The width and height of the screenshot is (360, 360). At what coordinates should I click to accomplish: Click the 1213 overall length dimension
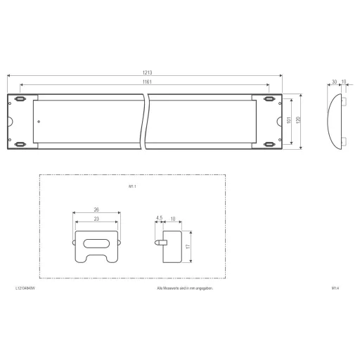pyautogui.click(x=147, y=72)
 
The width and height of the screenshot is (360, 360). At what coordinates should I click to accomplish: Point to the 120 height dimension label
pyautogui.click(x=299, y=120)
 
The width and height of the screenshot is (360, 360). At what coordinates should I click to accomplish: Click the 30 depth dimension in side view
pyautogui.click(x=334, y=82)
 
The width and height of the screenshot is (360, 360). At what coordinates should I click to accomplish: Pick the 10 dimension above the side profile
pyautogui.click(x=343, y=82)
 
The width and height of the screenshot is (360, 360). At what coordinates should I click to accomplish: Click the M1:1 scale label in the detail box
pyautogui.click(x=132, y=187)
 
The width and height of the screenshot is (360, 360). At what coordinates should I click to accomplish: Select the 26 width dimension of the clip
pyautogui.click(x=96, y=209)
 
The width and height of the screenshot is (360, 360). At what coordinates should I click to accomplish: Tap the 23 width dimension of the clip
pyautogui.click(x=96, y=219)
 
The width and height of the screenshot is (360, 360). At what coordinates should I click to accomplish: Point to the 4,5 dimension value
pyautogui.click(x=159, y=219)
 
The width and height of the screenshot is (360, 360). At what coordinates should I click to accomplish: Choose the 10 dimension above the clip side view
pyautogui.click(x=172, y=219)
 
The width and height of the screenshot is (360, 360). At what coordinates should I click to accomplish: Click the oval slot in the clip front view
pyautogui.click(x=96, y=243)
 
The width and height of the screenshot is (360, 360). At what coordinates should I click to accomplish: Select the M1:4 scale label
pyautogui.click(x=335, y=288)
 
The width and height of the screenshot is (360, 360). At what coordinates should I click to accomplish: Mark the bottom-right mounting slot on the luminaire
pyautogui.click(x=268, y=144)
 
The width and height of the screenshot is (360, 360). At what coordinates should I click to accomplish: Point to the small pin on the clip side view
pyautogui.click(x=160, y=241)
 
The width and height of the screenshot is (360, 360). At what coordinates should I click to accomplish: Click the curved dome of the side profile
pyautogui.click(x=333, y=121)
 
